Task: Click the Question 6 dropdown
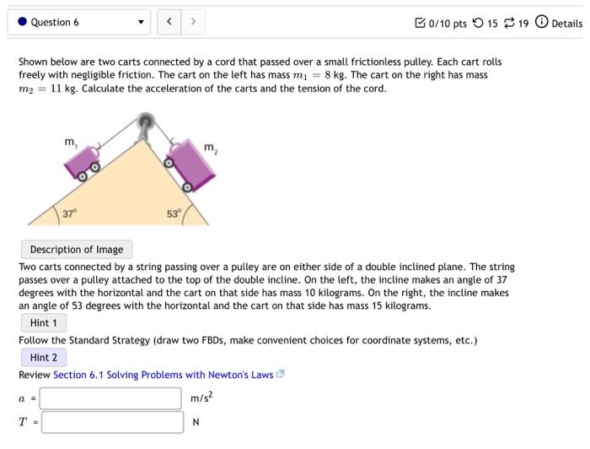pos(80,23)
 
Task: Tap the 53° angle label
pos(173,214)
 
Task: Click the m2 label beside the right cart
pos(210,149)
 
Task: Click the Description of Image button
pos(77,250)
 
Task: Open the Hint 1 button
pos(44,323)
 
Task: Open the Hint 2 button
pos(44,358)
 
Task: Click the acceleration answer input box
pos(111,398)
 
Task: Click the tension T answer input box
pos(111,422)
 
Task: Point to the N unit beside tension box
pos(195,423)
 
